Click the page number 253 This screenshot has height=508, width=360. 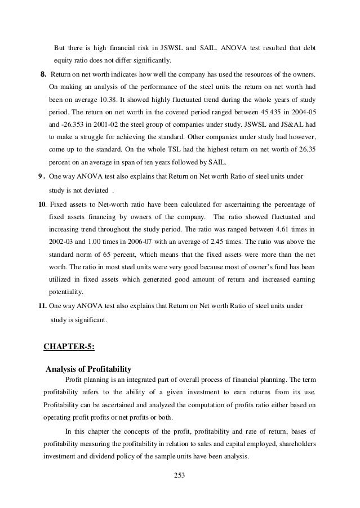pos(180,474)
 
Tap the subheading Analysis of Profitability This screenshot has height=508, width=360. pos(88,369)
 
